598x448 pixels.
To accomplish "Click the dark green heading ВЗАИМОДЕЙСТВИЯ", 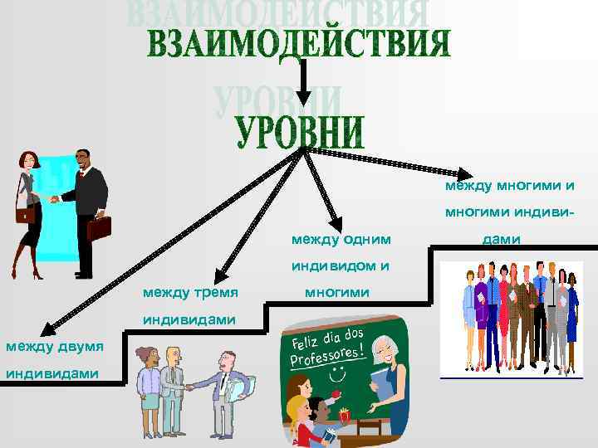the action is (299, 43).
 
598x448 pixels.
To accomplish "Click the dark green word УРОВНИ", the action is (300, 133).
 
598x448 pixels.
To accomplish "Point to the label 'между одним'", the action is (341, 240).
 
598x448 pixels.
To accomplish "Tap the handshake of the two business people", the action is (55, 198).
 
